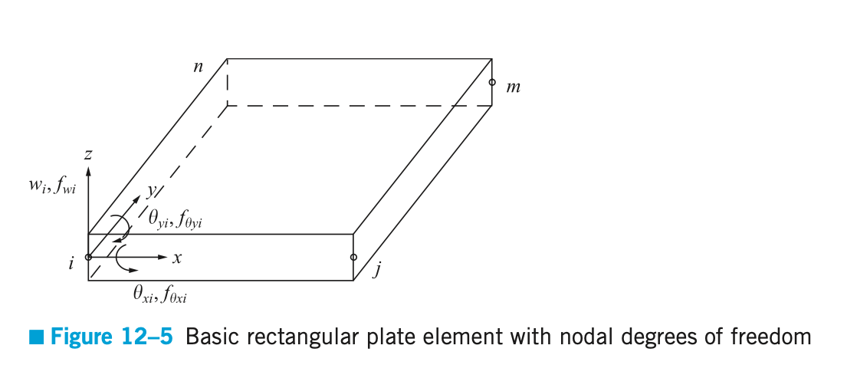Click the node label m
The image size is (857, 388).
(x=514, y=87)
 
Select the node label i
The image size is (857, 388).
(x=71, y=265)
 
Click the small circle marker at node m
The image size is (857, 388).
(x=492, y=81)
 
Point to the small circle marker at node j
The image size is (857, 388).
(x=353, y=257)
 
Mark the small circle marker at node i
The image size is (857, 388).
(x=88, y=257)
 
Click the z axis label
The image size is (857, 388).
(x=89, y=156)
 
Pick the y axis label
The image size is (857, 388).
(x=152, y=189)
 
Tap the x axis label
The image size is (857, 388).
(x=177, y=258)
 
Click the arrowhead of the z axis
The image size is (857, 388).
(x=88, y=169)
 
